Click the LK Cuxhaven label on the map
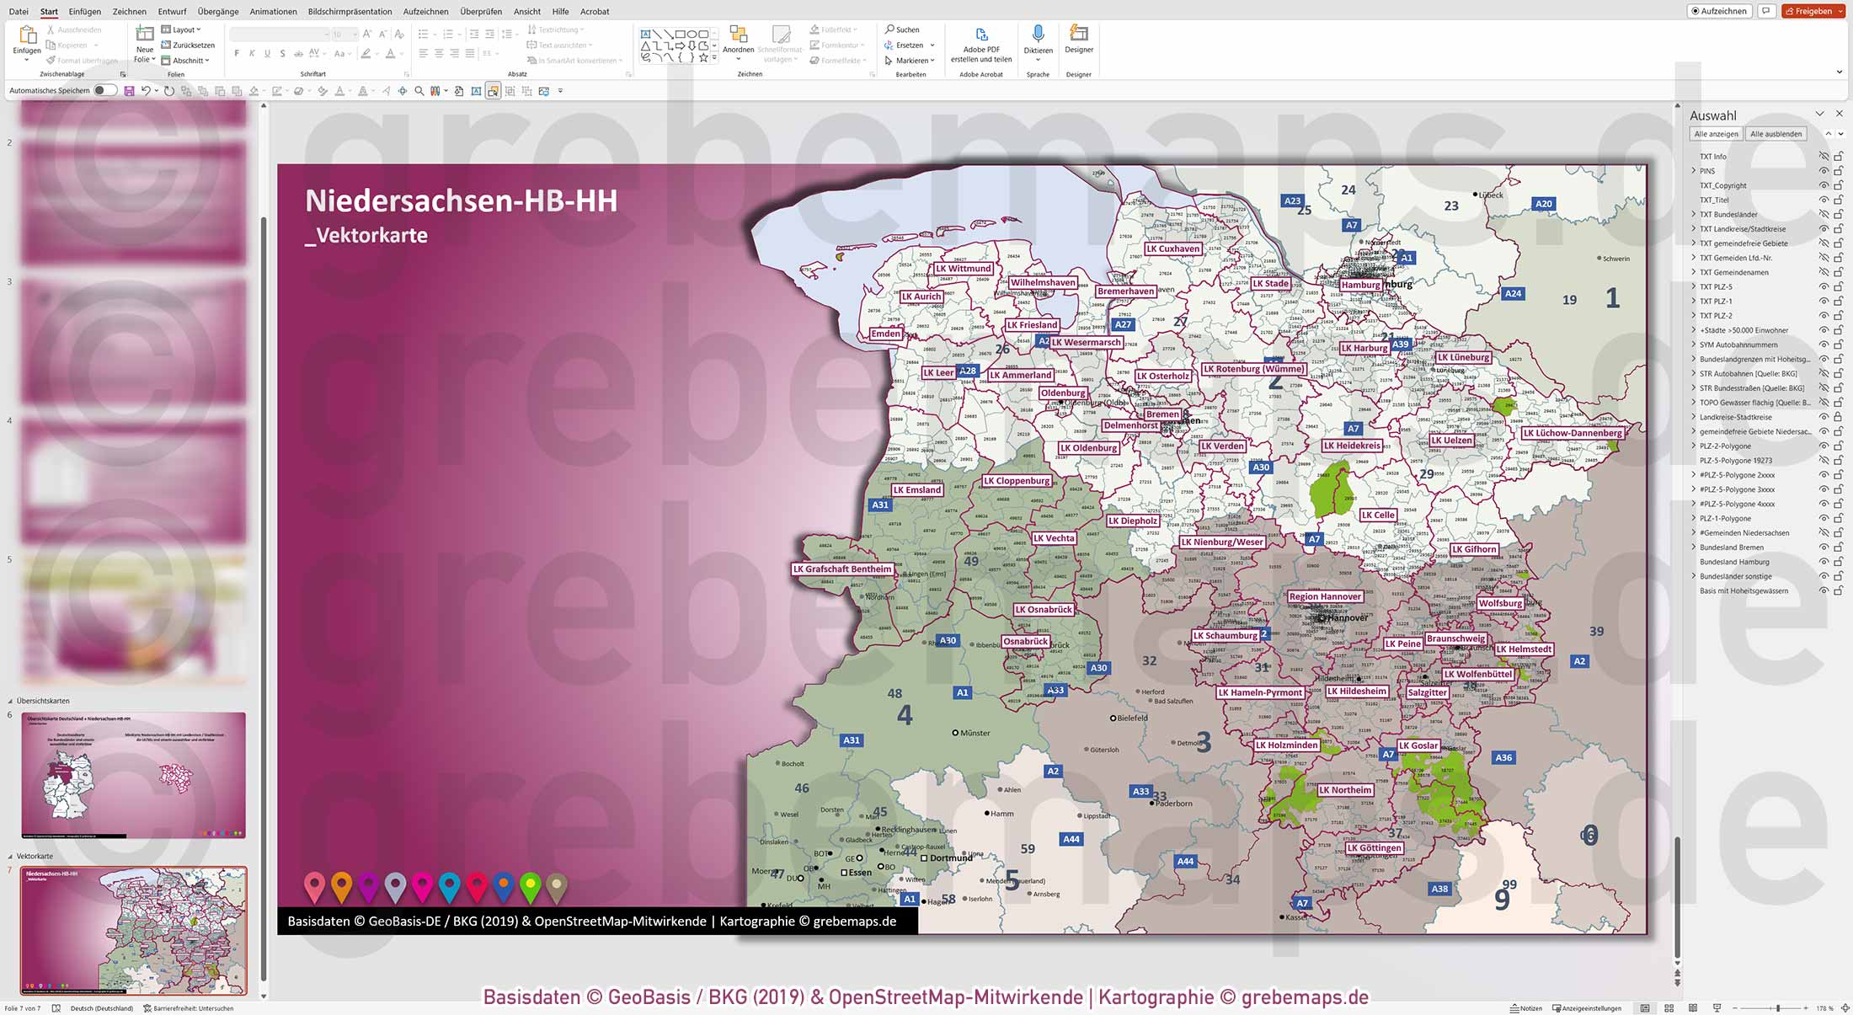(x=1172, y=248)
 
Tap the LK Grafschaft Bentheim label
(x=841, y=569)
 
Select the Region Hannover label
(x=1325, y=596)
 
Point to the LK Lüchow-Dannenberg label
(x=1572, y=433)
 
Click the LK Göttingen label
(x=1374, y=848)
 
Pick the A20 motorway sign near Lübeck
(x=1543, y=204)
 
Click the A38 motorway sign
(x=1439, y=889)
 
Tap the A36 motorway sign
(x=1503, y=757)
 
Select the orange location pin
(x=341, y=885)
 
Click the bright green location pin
(x=530, y=885)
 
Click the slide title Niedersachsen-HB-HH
(x=461, y=200)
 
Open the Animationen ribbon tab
(x=273, y=12)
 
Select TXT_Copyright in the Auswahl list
(x=1722, y=185)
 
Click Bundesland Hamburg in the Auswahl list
(x=1733, y=562)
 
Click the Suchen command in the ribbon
(x=902, y=29)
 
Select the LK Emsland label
(x=916, y=489)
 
